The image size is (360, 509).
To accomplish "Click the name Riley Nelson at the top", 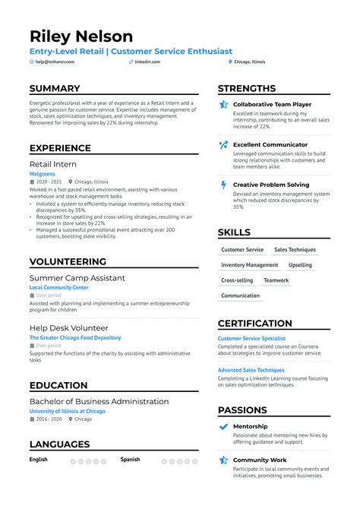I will click(81, 36).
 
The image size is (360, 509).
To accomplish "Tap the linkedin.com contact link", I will click(147, 62).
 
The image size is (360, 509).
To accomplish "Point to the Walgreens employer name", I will click(42, 173).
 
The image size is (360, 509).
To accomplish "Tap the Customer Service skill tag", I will click(242, 250).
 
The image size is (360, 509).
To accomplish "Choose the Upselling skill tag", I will click(300, 265).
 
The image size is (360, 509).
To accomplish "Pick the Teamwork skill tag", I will click(276, 280).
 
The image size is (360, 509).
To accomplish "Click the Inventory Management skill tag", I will click(249, 265).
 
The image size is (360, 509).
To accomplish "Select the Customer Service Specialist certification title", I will click(251, 338).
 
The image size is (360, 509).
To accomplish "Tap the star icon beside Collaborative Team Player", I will click(223, 105).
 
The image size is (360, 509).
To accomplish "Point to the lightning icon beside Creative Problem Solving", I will click(223, 185).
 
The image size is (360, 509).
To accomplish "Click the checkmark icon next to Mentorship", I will click(223, 427).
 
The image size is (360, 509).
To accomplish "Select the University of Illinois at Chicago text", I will click(67, 411).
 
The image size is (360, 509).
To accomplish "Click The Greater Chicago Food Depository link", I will click(74, 337).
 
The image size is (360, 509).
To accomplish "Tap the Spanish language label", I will click(131, 460).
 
